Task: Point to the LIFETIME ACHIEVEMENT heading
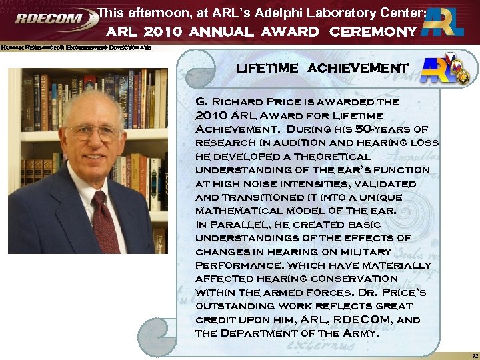click(321, 69)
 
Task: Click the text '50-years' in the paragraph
click(381, 129)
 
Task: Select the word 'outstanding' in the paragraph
click(232, 306)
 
